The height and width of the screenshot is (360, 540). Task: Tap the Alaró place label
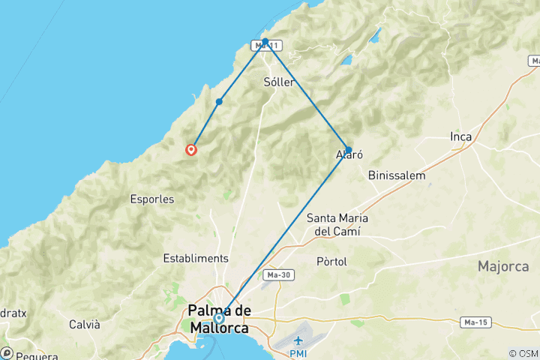[x=349, y=156]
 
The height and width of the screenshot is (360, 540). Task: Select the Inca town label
[x=460, y=136]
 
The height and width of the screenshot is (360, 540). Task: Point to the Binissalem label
[x=397, y=175]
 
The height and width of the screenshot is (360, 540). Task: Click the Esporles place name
[x=151, y=199]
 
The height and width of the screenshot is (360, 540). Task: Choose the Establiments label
[x=196, y=258]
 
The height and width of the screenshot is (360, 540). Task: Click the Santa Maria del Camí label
[x=337, y=224]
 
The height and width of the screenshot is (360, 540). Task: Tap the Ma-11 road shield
[x=266, y=46]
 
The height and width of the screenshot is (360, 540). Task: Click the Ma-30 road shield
[x=279, y=275]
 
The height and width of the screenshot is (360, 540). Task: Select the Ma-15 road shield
[x=472, y=322]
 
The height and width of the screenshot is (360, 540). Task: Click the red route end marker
[x=191, y=149]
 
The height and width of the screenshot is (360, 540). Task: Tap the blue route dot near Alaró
[x=348, y=149]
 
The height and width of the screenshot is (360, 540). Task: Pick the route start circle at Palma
[x=218, y=317]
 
